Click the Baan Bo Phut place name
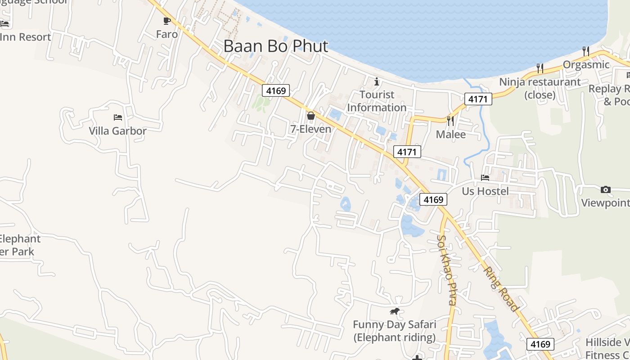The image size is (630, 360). (275, 46)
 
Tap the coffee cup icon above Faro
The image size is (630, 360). (167, 21)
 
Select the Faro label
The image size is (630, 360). (167, 34)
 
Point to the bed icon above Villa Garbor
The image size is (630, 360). (118, 117)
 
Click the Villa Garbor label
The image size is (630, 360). (117, 131)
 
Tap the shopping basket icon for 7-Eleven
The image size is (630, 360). (310, 116)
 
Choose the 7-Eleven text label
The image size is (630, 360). (310, 129)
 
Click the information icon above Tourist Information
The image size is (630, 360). (377, 81)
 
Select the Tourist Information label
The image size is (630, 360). (377, 101)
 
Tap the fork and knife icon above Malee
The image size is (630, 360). (450, 121)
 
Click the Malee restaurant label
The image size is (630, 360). (450, 135)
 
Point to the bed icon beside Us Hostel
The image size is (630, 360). (485, 178)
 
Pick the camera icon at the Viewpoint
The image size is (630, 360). (606, 189)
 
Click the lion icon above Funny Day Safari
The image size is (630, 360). (395, 311)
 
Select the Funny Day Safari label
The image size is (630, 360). (395, 331)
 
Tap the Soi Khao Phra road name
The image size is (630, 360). (447, 270)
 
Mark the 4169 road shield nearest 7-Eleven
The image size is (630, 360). (276, 90)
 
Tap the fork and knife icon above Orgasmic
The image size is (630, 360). (585, 51)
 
